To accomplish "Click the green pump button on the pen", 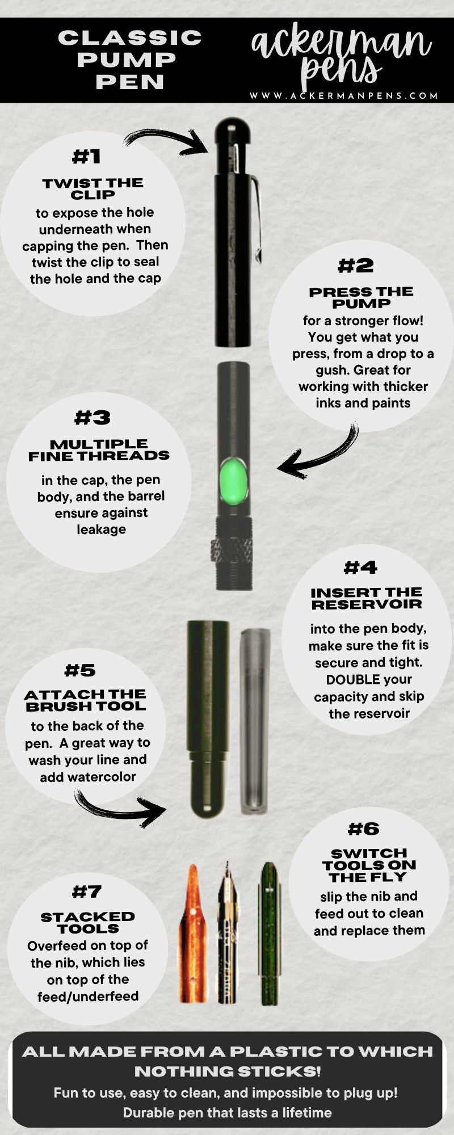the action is [234, 481].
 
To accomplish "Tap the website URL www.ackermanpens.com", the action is [344, 96].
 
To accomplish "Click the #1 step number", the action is [86, 157].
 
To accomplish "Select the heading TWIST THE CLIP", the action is [93, 188].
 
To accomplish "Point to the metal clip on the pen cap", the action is [256, 218].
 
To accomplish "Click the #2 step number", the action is [356, 266].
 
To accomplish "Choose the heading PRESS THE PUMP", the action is [361, 297].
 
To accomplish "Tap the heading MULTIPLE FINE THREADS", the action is [99, 450].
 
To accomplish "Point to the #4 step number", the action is [360, 567].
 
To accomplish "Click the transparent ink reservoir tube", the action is [254, 721].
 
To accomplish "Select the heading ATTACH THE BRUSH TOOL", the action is [85, 700].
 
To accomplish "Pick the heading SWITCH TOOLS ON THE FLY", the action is [369, 865].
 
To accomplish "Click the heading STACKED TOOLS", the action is [88, 922].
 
